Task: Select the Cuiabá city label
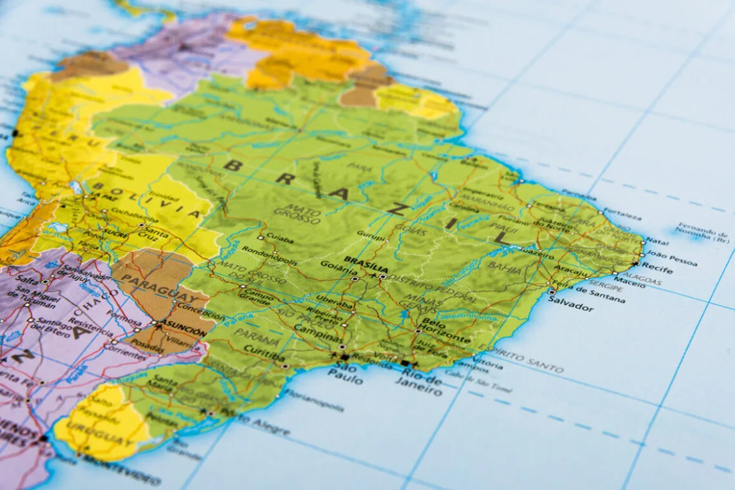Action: (279, 240)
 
